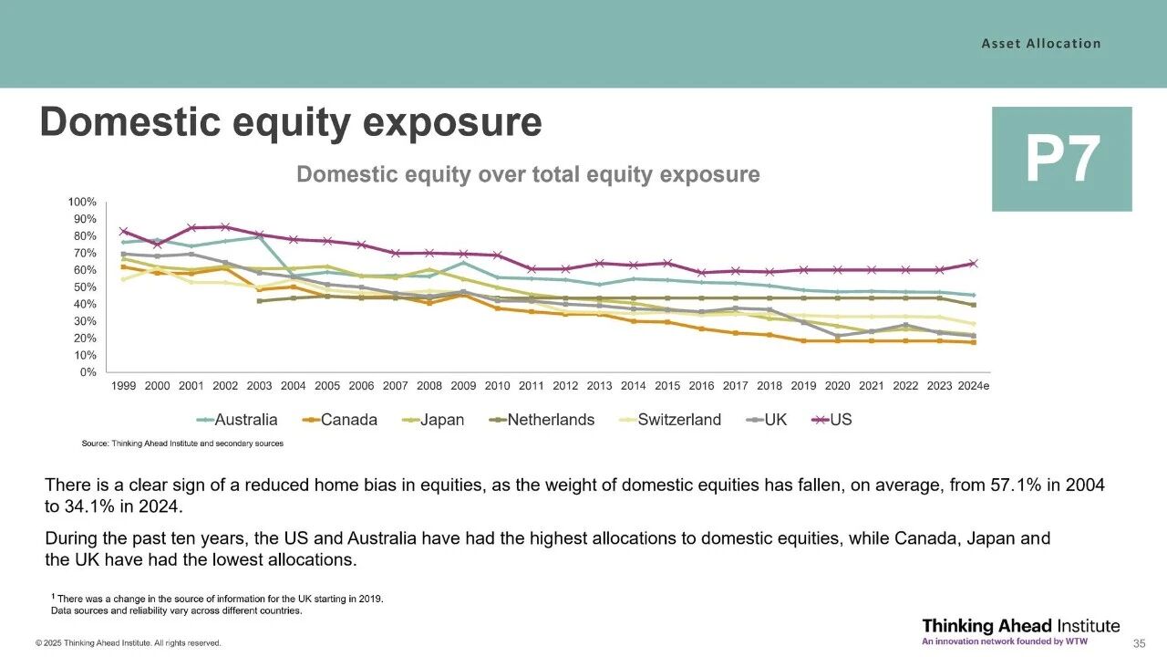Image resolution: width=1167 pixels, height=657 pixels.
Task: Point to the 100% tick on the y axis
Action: point(82,202)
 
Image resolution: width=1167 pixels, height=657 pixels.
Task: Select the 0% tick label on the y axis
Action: point(88,372)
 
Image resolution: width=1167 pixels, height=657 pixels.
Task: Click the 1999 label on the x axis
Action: point(124,386)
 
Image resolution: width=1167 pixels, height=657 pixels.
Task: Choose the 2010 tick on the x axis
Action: point(498,386)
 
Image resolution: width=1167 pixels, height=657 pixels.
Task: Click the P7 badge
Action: point(1061,159)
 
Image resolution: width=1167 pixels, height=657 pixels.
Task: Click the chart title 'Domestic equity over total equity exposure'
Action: point(528,174)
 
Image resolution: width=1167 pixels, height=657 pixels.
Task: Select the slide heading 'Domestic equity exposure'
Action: point(290,122)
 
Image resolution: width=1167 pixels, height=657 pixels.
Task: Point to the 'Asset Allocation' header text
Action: point(1040,43)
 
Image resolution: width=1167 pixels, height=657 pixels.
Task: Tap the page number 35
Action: point(1139,643)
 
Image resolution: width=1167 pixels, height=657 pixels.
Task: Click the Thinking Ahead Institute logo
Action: point(1020,631)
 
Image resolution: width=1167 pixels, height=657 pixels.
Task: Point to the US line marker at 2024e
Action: point(973,264)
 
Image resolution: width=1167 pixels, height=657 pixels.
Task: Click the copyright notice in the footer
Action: point(129,643)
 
